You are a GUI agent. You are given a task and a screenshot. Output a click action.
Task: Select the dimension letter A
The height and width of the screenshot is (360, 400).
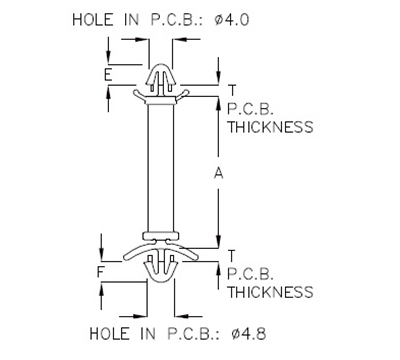[219, 173]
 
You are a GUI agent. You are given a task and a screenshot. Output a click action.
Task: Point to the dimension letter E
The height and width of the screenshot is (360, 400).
[107, 76]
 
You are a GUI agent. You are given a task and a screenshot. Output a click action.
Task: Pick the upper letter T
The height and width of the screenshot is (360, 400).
[232, 91]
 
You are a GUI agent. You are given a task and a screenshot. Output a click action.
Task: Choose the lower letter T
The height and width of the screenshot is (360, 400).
[232, 255]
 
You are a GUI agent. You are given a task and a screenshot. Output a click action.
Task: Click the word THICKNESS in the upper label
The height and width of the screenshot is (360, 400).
[270, 127]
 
